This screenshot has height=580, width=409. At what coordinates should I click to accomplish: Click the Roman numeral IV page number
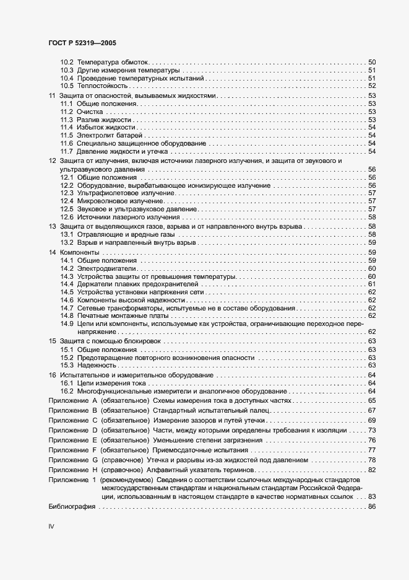pyautogui.click(x=51, y=526)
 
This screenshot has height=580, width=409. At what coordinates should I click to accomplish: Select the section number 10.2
pyautogui.click(x=67, y=62)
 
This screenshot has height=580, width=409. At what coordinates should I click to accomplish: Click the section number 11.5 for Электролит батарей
pyautogui.click(x=67, y=135)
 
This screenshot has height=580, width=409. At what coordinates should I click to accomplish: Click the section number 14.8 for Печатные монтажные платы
pyautogui.click(x=67, y=315)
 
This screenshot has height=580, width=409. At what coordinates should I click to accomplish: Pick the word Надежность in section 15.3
pyautogui.click(x=97, y=366)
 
